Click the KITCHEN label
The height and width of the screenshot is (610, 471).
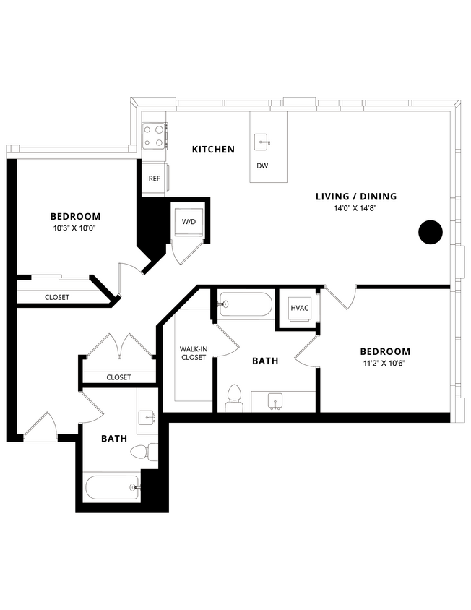tap(213, 150)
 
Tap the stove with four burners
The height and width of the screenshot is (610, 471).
tap(155, 135)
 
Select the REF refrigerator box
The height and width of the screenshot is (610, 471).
tap(154, 178)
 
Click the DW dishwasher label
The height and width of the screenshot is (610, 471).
tap(262, 166)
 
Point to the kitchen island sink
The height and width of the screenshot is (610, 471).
tap(262, 140)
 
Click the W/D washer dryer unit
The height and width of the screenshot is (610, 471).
tap(188, 221)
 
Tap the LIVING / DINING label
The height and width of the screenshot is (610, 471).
tap(356, 196)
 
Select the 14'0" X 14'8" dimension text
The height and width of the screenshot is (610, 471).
tap(356, 209)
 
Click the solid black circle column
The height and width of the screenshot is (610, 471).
tap(431, 231)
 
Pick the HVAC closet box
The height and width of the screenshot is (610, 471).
tap(300, 309)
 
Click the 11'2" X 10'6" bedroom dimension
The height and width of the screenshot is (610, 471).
tap(385, 364)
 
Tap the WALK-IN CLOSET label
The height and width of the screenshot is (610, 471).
tap(194, 353)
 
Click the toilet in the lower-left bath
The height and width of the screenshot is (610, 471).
tap(143, 452)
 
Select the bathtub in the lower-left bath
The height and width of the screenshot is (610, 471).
tap(111, 487)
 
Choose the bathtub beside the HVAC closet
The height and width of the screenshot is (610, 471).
tap(244, 304)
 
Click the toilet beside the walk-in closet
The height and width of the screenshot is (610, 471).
tap(233, 397)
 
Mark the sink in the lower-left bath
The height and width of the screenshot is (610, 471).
tap(148, 418)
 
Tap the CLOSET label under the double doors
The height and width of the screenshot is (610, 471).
tap(118, 377)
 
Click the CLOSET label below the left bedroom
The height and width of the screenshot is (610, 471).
tap(57, 297)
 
